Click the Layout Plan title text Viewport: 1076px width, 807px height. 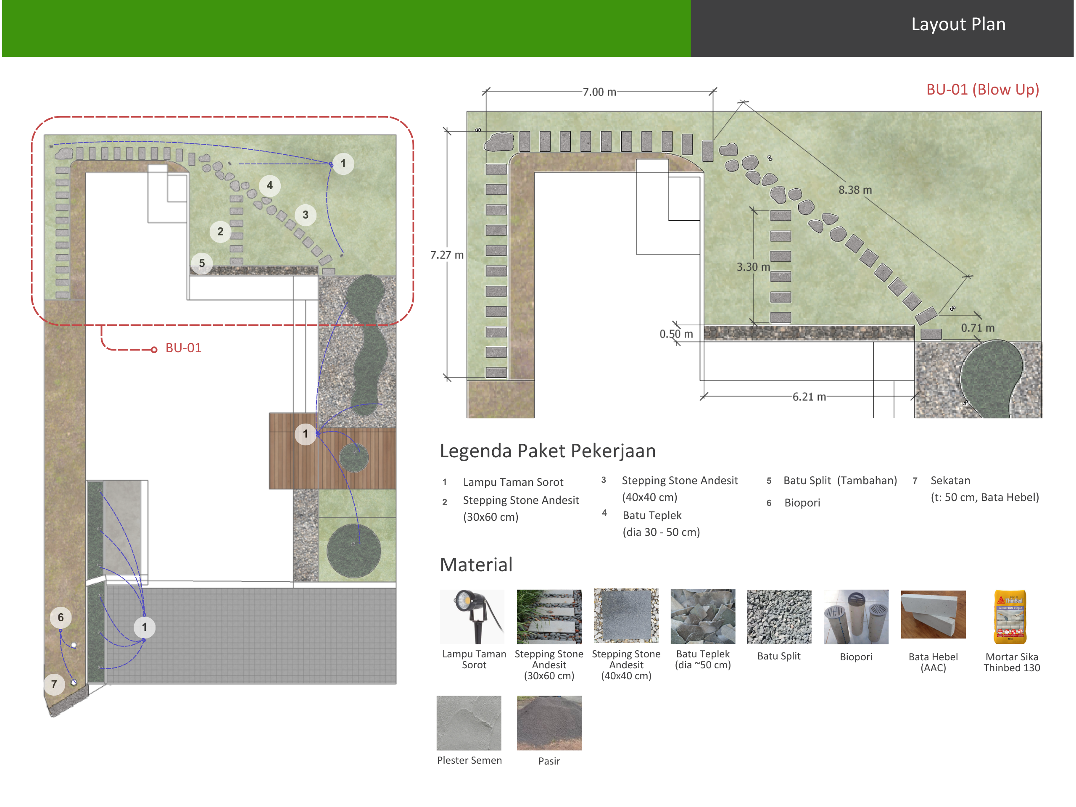tap(958, 24)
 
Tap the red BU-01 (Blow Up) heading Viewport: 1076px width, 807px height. tap(983, 90)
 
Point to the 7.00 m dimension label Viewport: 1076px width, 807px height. tap(599, 92)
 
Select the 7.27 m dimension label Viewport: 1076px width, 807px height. tap(446, 255)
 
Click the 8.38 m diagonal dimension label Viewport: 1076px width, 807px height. tap(854, 190)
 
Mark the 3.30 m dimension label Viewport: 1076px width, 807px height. tap(753, 266)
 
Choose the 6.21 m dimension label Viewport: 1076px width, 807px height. tap(809, 396)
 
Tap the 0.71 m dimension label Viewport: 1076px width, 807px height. tap(977, 328)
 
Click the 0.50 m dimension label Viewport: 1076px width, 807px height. tap(676, 334)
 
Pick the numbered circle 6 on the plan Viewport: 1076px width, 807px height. tap(61, 617)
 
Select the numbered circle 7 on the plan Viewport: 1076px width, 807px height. tap(54, 684)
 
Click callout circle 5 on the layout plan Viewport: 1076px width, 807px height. tap(202, 263)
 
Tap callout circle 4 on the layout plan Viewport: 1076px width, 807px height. tap(269, 185)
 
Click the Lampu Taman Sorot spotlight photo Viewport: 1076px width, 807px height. tap(472, 617)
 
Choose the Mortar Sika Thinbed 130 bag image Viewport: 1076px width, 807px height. tap(1010, 617)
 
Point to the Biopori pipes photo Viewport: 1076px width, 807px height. tap(856, 617)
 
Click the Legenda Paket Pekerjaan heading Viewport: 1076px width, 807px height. tap(548, 451)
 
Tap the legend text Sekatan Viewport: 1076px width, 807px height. tap(950, 480)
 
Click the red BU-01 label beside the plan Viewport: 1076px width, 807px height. tap(183, 348)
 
